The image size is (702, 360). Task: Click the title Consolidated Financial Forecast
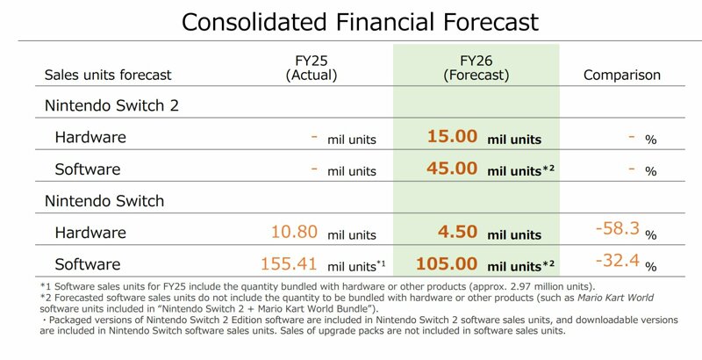point(360,21)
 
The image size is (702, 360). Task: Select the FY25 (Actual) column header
point(312,68)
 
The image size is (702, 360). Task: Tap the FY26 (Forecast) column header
point(476,68)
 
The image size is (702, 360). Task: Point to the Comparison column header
point(622,75)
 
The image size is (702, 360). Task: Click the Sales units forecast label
point(108,75)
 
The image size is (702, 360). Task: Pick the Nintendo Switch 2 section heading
point(111,105)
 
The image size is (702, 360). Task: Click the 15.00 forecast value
point(452,136)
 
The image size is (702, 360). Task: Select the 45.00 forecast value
point(452,169)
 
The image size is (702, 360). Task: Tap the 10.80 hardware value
point(294,232)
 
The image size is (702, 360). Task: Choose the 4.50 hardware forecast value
point(457,232)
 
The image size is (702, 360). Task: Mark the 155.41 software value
point(289,263)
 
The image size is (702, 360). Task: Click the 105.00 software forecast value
point(447,263)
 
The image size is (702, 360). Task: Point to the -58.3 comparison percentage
point(618,228)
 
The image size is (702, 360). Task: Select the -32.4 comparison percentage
point(618,260)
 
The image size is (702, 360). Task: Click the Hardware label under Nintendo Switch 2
point(90,137)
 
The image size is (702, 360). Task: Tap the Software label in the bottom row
point(88,264)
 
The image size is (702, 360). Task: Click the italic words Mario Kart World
point(616,298)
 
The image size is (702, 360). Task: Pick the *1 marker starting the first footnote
point(46,286)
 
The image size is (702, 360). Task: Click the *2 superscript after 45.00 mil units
point(548,169)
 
